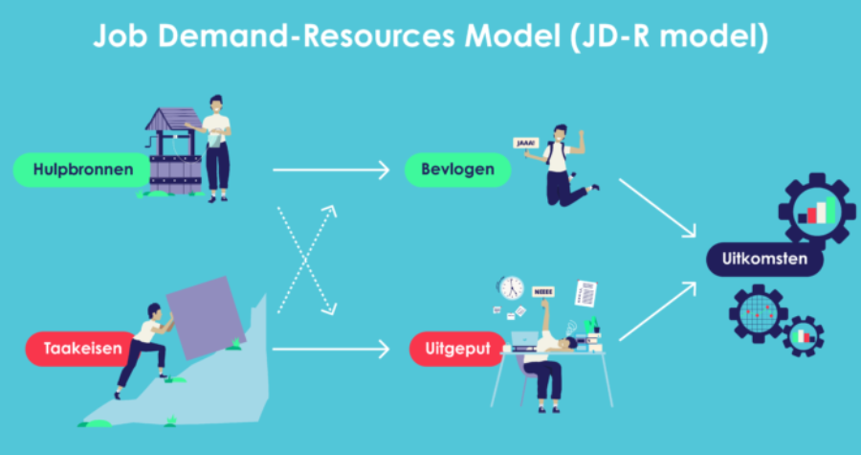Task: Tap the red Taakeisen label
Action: [x=82, y=349]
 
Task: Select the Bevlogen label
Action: [x=457, y=170]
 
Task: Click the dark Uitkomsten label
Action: [x=763, y=260]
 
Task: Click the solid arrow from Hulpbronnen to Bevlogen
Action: [x=330, y=171]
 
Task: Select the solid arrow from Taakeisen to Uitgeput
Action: [x=330, y=350]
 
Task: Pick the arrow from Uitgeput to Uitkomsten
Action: [x=660, y=310]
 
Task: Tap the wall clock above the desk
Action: [x=510, y=286]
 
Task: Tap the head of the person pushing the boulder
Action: [x=153, y=311]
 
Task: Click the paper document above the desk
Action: [x=586, y=292]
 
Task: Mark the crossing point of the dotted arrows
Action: [x=305, y=260]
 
